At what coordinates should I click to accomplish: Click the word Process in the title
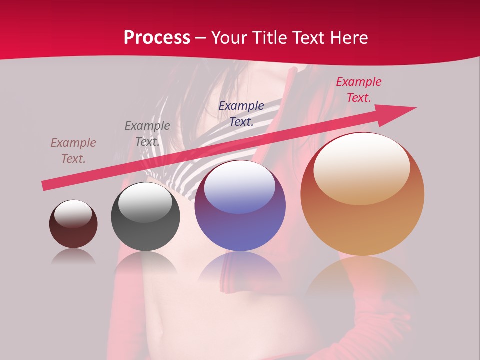(157, 38)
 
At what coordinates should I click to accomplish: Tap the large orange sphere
(362, 194)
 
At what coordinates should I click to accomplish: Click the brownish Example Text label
(73, 151)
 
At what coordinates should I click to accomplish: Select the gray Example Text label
(147, 133)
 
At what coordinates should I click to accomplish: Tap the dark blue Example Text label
(241, 113)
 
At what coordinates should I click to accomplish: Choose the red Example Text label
(359, 90)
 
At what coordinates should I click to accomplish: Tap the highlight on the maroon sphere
(73, 214)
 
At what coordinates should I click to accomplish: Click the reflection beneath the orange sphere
(362, 277)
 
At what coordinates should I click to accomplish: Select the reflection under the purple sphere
(240, 265)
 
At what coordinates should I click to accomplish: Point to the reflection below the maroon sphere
(73, 256)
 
